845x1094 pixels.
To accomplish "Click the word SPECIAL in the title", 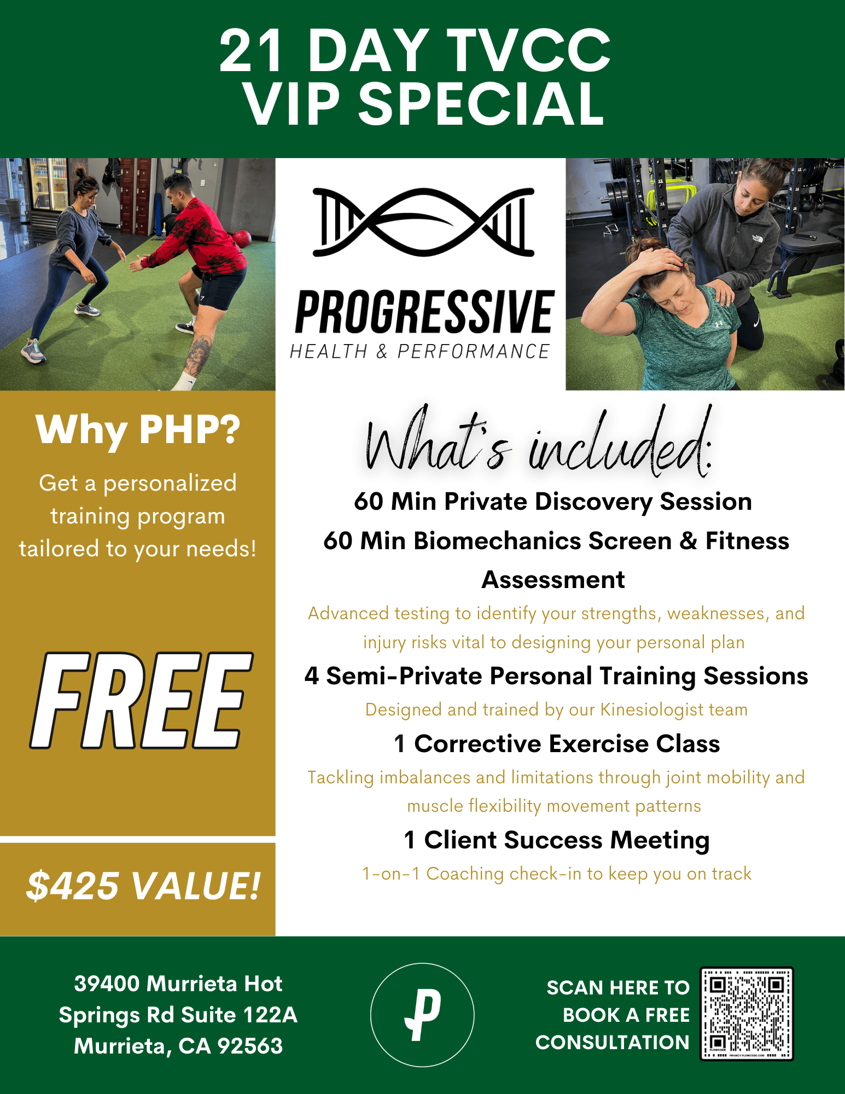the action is (481, 103).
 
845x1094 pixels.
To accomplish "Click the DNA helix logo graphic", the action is (423, 222).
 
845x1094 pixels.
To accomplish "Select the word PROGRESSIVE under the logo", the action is (425, 312).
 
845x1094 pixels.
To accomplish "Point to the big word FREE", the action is (141, 700).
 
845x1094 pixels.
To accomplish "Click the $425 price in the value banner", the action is (73, 886).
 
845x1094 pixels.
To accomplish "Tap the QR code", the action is (747, 1014).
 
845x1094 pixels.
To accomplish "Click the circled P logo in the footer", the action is (422, 1015).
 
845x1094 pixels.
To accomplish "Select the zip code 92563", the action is (250, 1046).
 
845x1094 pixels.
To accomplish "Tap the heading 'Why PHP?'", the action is (138, 430).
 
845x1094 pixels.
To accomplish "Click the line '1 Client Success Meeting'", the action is (557, 840).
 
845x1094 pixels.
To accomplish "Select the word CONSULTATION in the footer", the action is (613, 1043).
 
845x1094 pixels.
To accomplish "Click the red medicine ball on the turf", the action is (241, 239).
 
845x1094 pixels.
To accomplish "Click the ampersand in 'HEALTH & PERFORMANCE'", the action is (382, 352).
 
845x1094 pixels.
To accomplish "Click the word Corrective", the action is (477, 744).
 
